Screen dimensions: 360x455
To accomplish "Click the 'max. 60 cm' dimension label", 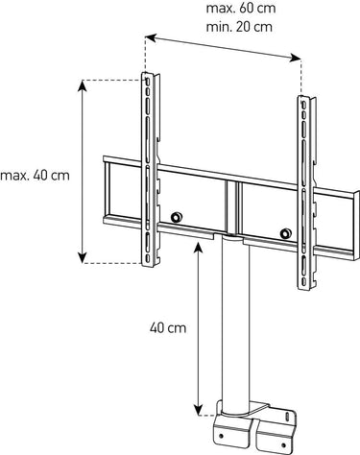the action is (241, 9).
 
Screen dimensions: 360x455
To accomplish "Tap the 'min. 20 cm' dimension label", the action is (239, 27).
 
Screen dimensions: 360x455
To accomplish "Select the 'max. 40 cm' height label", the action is (35, 176).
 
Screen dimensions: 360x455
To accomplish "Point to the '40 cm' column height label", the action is (168, 328).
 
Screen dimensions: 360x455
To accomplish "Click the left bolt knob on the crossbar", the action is (176, 217).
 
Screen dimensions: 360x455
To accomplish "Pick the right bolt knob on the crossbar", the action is (285, 233).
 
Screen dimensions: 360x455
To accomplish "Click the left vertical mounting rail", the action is (150, 170).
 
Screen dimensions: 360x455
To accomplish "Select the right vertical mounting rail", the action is (306, 193).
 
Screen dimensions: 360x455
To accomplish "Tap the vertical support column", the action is (235, 323).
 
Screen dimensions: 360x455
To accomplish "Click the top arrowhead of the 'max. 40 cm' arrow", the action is (83, 84).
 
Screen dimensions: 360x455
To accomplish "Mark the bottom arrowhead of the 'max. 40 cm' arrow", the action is (83, 258).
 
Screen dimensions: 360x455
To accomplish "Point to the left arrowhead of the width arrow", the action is (151, 37).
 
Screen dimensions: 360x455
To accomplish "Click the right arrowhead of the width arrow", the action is (296, 59).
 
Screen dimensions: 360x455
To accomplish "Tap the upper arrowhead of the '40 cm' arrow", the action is (199, 246).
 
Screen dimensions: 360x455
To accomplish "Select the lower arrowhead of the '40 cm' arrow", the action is (199, 411).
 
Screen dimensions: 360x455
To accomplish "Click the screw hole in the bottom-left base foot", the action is (221, 436).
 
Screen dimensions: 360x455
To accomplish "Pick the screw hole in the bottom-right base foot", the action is (283, 445).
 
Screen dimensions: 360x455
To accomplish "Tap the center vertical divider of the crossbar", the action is (231, 207).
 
